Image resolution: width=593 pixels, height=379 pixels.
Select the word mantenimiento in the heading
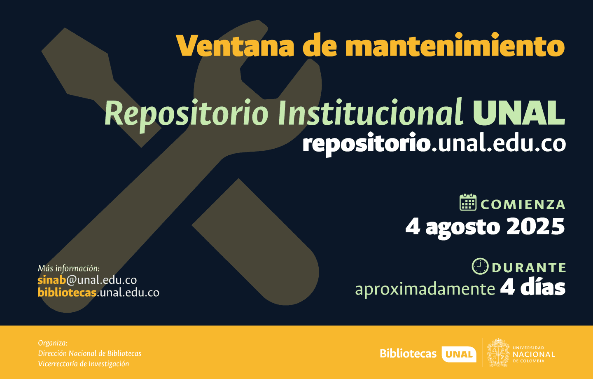tap(455, 44)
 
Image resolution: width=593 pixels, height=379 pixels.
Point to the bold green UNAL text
tap(519, 112)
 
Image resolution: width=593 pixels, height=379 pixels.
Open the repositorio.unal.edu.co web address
tap(434, 144)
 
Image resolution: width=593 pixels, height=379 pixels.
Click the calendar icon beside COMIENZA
tap(468, 202)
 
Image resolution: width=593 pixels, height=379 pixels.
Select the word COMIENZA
tap(523, 204)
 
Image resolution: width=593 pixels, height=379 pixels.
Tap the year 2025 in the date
tap(535, 227)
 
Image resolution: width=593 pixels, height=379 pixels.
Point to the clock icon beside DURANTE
tap(480, 266)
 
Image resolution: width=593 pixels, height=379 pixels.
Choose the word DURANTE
tap(529, 268)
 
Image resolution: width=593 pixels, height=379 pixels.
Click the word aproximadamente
tap(425, 289)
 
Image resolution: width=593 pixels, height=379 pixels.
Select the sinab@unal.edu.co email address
tap(87, 280)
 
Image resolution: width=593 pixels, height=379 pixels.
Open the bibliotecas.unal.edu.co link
tap(98, 292)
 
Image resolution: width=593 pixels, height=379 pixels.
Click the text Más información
tap(68, 269)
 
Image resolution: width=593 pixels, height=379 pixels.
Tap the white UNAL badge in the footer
tap(459, 354)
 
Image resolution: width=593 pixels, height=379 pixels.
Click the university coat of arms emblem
tap(498, 353)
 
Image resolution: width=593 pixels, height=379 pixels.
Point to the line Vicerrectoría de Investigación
tap(83, 364)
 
